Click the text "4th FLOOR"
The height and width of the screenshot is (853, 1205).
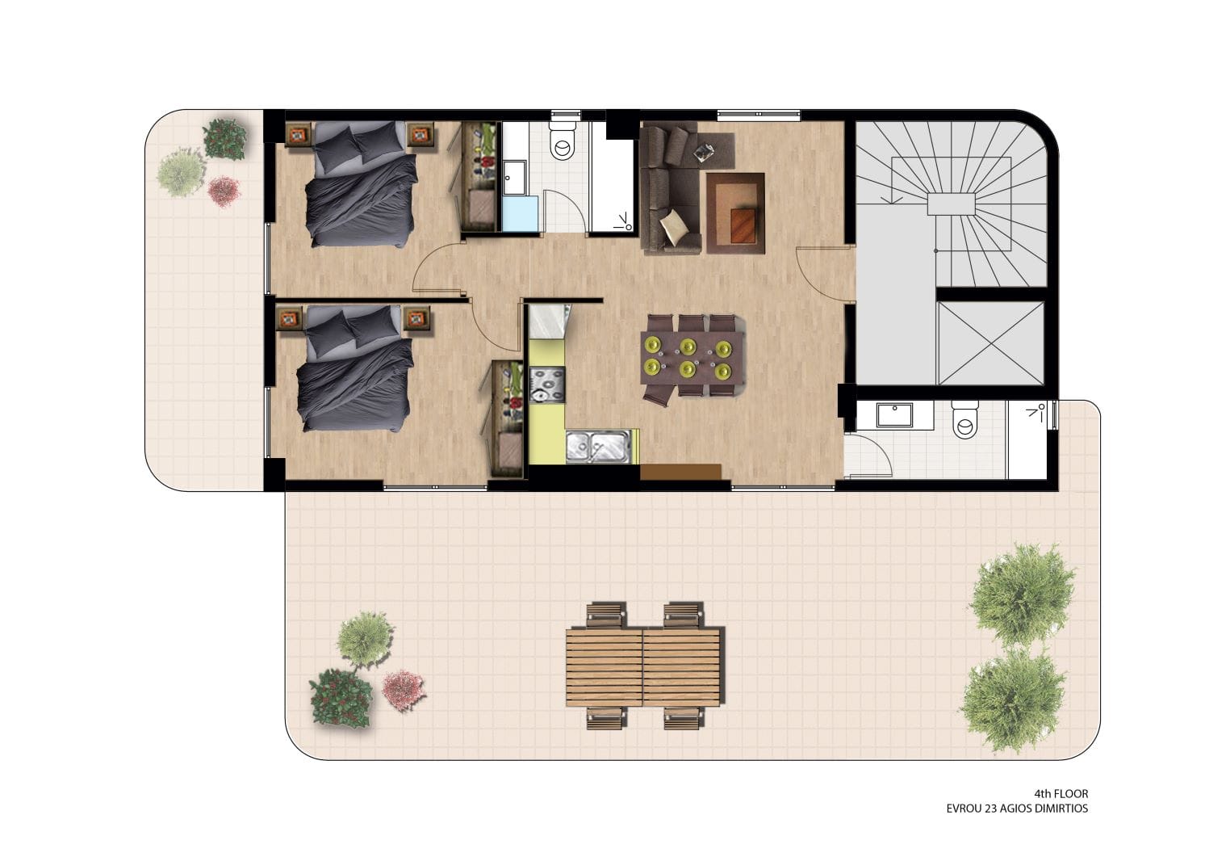click(x=1061, y=794)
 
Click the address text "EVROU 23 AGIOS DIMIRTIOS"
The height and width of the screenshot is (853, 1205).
click(x=1017, y=809)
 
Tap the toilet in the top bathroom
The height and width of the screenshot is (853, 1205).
click(x=563, y=141)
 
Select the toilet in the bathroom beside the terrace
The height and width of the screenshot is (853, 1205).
click(x=964, y=419)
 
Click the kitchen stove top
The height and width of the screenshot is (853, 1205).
click(x=547, y=385)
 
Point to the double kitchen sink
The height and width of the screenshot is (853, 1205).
click(x=598, y=447)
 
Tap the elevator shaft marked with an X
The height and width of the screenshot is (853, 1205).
click(x=990, y=343)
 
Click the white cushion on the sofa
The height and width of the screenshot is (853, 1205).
click(x=674, y=226)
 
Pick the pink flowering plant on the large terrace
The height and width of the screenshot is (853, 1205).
click(x=403, y=691)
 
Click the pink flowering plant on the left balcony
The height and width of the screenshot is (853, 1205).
click(x=224, y=191)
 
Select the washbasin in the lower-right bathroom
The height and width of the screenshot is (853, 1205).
click(x=894, y=415)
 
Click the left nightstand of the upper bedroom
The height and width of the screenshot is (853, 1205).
click(x=299, y=135)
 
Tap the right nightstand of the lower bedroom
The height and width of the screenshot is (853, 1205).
click(x=416, y=319)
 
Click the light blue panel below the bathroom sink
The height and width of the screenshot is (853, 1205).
click(x=521, y=214)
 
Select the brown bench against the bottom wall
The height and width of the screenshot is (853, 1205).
click(x=680, y=472)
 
